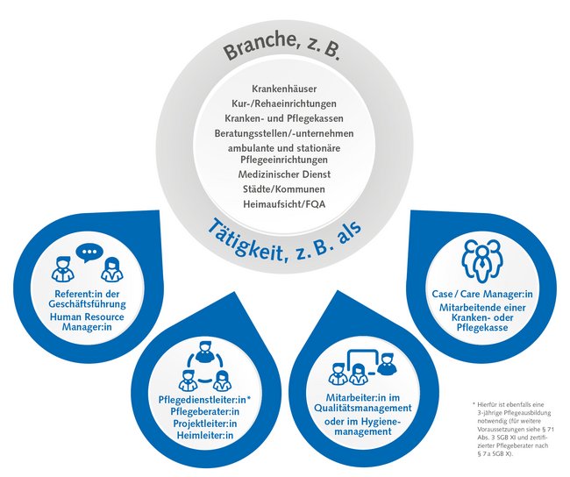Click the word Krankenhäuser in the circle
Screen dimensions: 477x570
pyautogui.click(x=283, y=90)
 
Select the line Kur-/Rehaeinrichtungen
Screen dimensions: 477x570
pyautogui.click(x=283, y=105)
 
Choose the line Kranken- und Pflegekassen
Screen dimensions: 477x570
pyautogui.click(x=283, y=119)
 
